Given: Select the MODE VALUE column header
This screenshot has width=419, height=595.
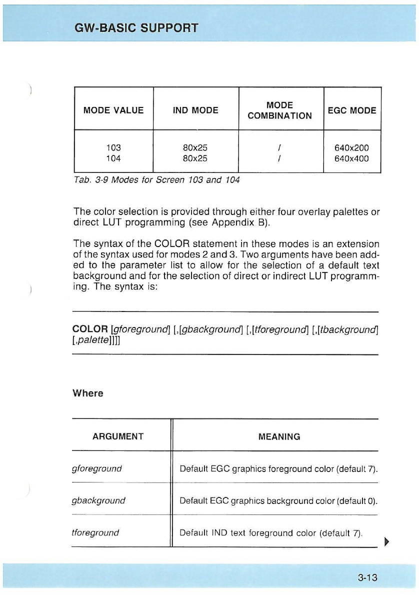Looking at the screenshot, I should pos(113,110).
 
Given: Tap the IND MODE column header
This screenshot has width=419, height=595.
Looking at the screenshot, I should pos(195,110).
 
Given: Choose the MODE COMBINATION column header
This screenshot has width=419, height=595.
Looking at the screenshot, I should pos(280,110).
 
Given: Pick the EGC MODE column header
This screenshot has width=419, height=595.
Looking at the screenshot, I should pos(352,110).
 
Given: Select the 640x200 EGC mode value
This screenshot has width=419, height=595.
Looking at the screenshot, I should pos(351,147).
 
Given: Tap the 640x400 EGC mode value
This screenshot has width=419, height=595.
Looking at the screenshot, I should pos(351,158).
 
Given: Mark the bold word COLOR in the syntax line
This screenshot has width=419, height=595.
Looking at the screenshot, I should pos(90,329).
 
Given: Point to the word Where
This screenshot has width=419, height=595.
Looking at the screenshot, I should pos(88,393).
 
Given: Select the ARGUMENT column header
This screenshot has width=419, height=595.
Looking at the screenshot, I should pos(118,436).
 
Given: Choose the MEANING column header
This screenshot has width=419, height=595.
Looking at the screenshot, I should pos(279,436).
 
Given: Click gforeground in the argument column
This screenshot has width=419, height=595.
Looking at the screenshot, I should pos(97,469).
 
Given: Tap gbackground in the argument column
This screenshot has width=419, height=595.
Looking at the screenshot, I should pos(99,500).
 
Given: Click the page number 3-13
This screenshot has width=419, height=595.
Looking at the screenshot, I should pos(367,578).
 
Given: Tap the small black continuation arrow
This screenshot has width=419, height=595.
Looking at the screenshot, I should pos(385,541).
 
